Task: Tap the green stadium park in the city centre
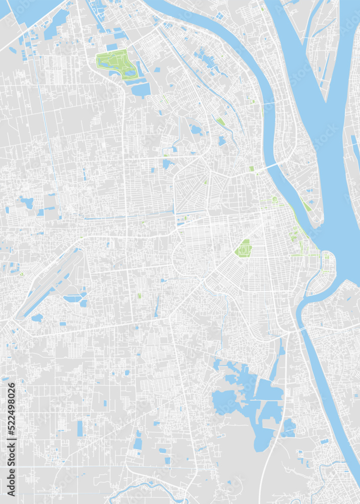pos(245,248)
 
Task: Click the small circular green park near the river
pos(275,200)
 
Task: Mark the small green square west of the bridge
pos(251,169)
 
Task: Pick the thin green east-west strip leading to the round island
pos(305,255)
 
